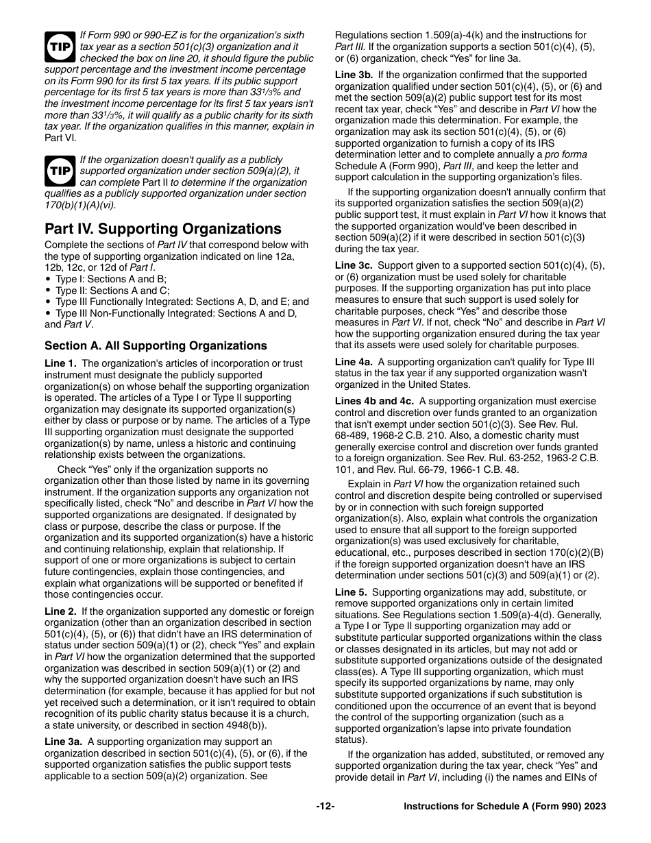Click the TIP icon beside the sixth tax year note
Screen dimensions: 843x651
[x=59, y=47]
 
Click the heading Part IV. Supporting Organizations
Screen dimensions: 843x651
[x=163, y=229]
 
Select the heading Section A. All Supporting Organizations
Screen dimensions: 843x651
[x=156, y=345]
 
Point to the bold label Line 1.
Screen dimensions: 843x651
[x=60, y=364]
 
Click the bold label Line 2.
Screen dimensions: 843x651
[x=60, y=611]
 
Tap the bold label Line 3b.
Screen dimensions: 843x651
[x=354, y=75]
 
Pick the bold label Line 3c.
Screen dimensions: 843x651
[x=354, y=265]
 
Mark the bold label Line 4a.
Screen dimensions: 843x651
[x=354, y=362]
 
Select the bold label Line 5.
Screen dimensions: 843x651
[x=351, y=592]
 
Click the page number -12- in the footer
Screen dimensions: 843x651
[x=325, y=807]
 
